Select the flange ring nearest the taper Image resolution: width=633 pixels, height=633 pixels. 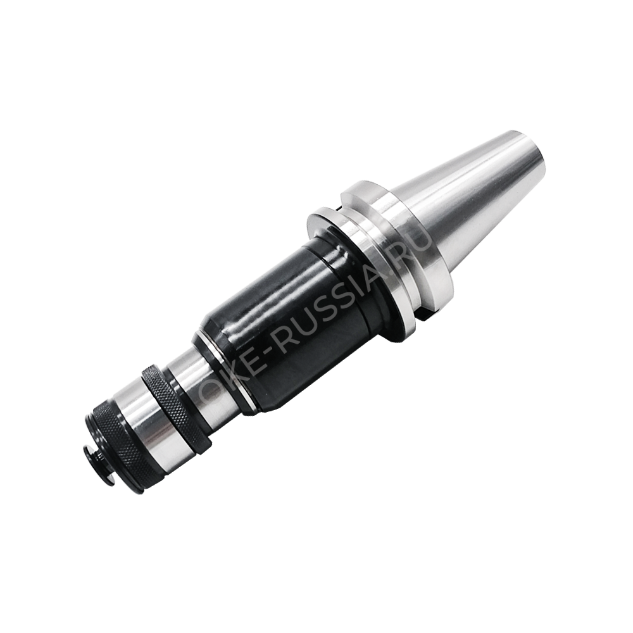click(396, 238)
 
